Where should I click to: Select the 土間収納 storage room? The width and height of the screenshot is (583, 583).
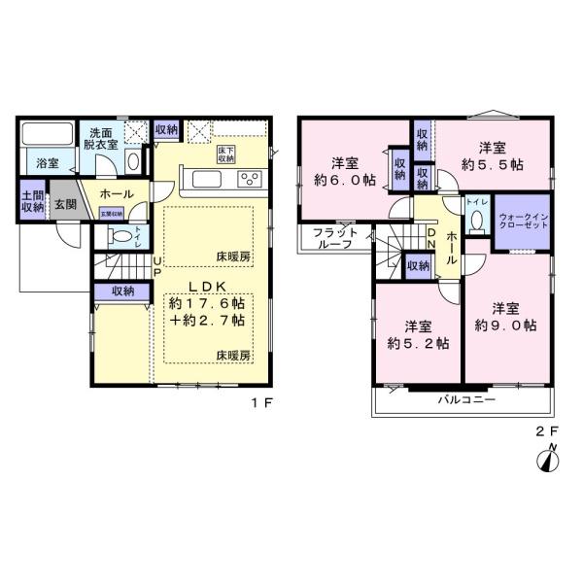coord(31,201)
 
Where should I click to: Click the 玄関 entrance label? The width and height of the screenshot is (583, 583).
coord(65,204)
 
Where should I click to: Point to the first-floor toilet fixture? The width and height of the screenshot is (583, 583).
coord(120,236)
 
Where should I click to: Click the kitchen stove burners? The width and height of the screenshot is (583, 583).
coord(250,179)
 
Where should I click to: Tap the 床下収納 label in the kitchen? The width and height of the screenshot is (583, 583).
coord(225,153)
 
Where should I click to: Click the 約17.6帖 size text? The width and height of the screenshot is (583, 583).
coord(206,303)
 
